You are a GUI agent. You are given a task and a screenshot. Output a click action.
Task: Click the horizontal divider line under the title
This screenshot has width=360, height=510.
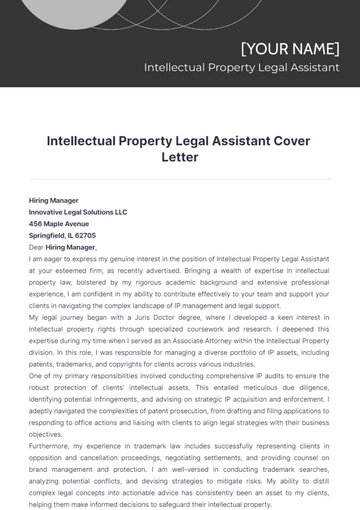180,179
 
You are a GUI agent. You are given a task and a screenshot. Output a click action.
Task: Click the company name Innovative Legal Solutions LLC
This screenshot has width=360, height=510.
78,212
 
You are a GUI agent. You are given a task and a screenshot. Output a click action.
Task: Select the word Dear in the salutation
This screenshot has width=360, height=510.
36,246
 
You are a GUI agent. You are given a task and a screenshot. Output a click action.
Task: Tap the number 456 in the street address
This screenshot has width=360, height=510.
36,224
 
